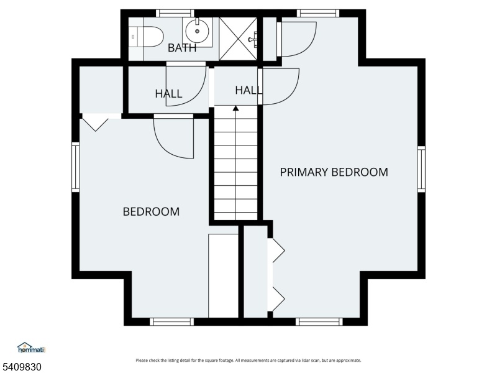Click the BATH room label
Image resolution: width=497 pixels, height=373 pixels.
tap(182, 48)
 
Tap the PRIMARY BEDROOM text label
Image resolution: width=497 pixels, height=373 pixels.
tap(334, 172)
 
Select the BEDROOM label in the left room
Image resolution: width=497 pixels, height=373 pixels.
tap(151, 211)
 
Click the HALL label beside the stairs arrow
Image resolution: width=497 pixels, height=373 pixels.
tap(248, 90)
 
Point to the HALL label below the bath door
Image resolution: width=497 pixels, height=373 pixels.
tap(168, 94)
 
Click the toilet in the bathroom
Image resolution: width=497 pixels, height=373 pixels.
tap(146, 37)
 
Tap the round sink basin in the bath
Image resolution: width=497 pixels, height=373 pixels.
tap(197, 31)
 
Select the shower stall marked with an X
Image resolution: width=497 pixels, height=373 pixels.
tap(238, 39)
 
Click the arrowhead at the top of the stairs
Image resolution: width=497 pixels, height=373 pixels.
tap(235, 108)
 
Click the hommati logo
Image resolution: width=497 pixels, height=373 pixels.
tap(32, 348)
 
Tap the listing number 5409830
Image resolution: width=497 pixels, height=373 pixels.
tap(21, 367)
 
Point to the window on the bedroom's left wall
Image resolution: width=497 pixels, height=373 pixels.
tap(75, 167)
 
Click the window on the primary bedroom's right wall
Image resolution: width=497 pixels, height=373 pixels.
tap(421, 169)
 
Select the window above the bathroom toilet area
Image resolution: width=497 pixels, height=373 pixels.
tap(175, 13)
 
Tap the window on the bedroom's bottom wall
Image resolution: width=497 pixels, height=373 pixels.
tap(171, 321)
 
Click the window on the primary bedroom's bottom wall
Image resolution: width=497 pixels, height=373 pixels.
tap(319, 321)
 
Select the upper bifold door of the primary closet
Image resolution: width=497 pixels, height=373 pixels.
tap(276, 251)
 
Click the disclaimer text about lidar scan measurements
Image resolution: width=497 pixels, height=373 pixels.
tap(248, 361)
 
